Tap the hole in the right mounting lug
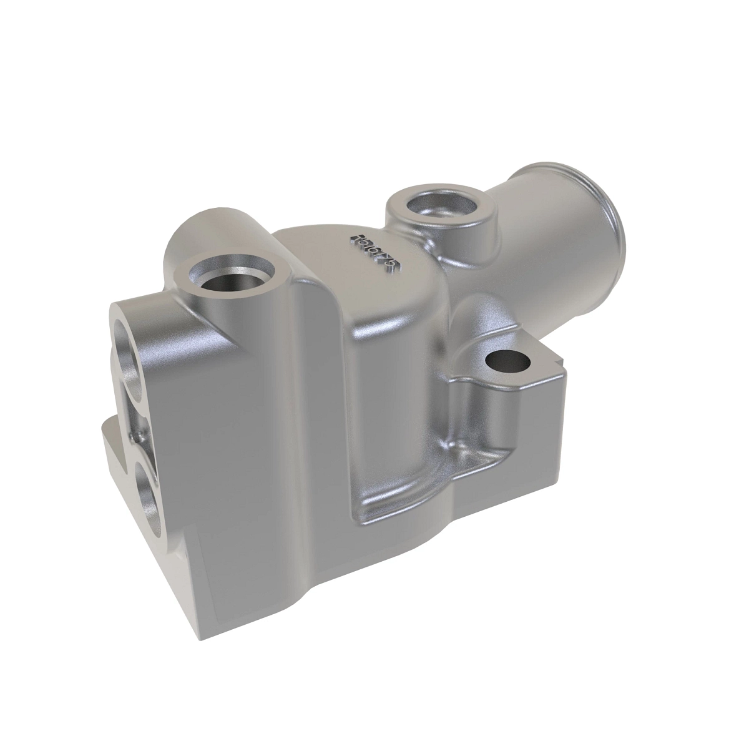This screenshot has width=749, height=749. coord(506,361)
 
